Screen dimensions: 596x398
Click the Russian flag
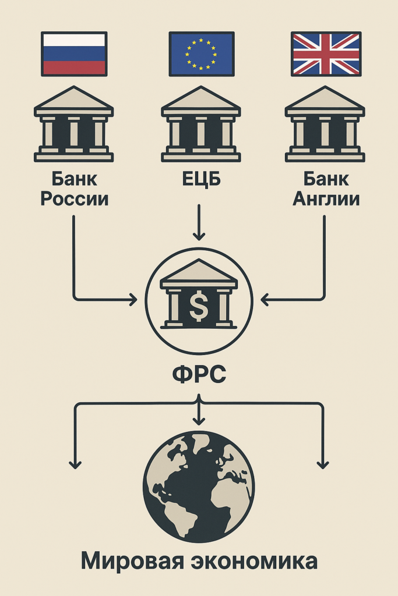(x=73, y=54)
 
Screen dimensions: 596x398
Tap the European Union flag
(x=201, y=54)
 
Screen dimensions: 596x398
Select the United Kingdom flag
(x=326, y=54)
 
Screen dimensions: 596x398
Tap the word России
(x=74, y=199)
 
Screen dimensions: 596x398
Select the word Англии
(x=326, y=199)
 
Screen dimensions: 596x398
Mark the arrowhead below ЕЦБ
(x=199, y=236)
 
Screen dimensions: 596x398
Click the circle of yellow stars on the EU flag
(x=201, y=53)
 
